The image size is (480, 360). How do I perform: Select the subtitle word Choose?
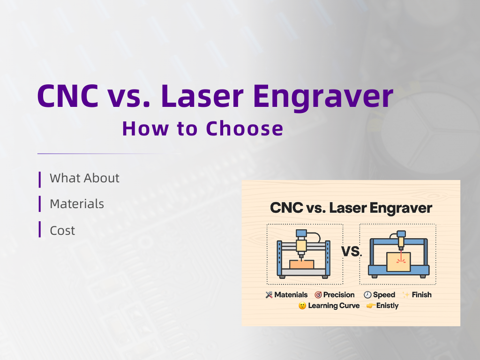245,128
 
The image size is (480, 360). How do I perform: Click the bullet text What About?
84,178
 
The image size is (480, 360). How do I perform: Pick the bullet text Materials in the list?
77,204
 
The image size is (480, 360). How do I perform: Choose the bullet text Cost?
62,231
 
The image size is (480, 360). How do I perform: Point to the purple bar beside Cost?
40,230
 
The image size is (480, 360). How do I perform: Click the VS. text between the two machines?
351,252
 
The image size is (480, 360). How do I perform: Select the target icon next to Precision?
318,295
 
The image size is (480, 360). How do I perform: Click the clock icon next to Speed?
367,295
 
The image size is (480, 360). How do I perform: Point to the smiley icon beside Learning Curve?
302,306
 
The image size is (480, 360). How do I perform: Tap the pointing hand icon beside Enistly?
370,306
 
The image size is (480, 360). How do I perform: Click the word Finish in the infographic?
421,295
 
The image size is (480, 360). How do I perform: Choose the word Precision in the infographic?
339,295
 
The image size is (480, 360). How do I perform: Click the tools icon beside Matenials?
269,295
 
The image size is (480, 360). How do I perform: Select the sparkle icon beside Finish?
405,295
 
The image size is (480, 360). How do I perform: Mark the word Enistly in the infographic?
387,306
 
